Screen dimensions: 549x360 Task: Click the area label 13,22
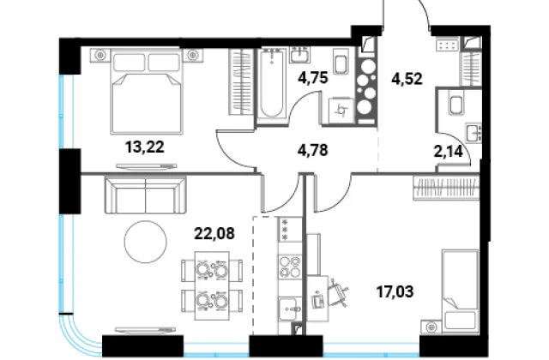tap(145, 147)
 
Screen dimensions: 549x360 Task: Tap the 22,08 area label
tap(214, 233)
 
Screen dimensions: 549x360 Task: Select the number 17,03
tap(395, 291)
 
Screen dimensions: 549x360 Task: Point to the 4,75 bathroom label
tap(313, 78)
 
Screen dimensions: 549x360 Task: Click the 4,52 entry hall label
tap(407, 79)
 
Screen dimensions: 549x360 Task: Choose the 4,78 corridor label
tap(313, 150)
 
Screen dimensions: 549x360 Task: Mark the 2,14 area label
tap(449, 152)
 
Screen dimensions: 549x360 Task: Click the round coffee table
tap(145, 242)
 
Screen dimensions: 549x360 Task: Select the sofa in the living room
tap(145, 195)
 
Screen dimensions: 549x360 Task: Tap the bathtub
tap(272, 85)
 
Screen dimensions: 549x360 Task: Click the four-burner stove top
tap(290, 267)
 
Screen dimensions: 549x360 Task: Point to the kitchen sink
tap(290, 309)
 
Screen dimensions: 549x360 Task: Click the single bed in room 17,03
tap(460, 291)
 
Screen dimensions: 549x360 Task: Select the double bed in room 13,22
tap(147, 92)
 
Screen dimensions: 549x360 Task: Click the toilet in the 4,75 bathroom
tap(341, 62)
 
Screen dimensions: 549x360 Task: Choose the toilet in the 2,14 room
tap(456, 104)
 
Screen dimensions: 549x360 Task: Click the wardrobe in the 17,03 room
tap(446, 188)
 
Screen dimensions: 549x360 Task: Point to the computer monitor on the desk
tap(318, 300)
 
